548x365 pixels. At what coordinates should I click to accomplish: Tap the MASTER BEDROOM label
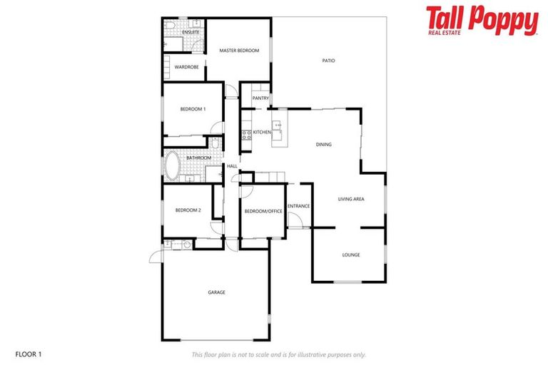click(x=239, y=51)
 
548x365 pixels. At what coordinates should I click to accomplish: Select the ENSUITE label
click(x=191, y=33)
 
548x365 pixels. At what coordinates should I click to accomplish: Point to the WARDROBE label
click(x=186, y=67)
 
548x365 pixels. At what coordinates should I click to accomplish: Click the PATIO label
click(x=328, y=61)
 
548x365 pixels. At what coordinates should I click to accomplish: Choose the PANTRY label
click(x=260, y=98)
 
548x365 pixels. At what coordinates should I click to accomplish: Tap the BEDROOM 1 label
click(x=193, y=109)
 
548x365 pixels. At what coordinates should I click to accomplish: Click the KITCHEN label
click(x=262, y=133)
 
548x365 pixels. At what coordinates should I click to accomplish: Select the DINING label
click(x=324, y=145)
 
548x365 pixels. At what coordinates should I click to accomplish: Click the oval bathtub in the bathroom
click(x=173, y=166)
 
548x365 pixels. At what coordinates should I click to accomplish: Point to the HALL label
click(x=232, y=167)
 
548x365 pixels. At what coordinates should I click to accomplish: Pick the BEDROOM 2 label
click(x=188, y=210)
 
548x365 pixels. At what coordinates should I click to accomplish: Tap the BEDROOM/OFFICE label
click(x=263, y=212)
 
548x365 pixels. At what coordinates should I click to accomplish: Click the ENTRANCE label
click(x=298, y=207)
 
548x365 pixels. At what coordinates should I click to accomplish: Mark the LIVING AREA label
click(x=351, y=199)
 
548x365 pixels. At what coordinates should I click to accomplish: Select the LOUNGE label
click(x=350, y=255)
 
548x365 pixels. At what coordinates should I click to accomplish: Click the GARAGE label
click(x=216, y=292)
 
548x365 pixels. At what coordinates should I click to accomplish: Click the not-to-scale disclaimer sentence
click(x=278, y=354)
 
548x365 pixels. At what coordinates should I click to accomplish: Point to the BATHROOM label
click(x=198, y=158)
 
